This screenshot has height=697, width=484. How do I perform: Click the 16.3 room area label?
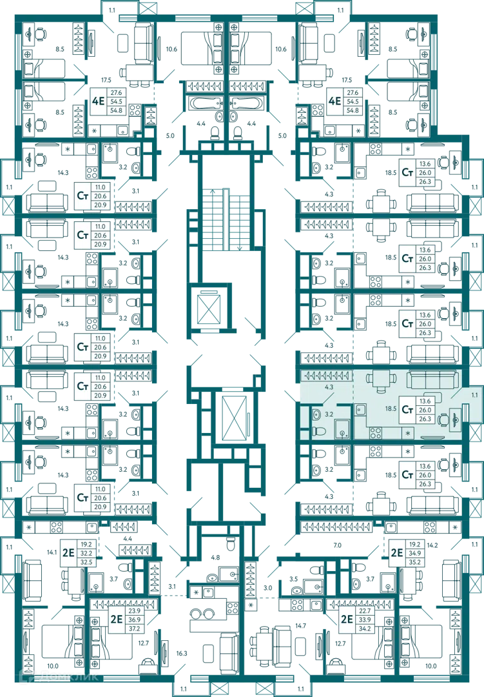[182, 653]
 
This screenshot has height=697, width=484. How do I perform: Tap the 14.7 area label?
[300, 626]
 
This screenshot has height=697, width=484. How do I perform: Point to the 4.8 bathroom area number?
[215, 558]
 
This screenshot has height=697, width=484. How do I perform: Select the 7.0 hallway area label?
[338, 545]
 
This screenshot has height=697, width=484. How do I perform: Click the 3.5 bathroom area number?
[293, 579]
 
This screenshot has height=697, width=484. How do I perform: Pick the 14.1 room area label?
[52, 552]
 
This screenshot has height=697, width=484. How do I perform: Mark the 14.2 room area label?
[432, 545]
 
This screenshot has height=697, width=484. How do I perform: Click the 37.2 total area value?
[134, 629]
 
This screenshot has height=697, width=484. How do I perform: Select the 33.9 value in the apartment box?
[365, 620]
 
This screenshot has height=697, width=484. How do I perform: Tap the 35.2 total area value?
[415, 562]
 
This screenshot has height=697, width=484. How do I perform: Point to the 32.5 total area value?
[86, 562]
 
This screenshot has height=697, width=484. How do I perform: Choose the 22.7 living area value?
[365, 611]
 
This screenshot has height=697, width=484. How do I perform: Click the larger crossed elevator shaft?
[233, 416]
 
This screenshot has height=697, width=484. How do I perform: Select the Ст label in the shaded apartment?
[407, 409]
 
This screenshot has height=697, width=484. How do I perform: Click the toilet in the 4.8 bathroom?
[229, 544]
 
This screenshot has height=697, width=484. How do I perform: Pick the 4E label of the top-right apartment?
[334, 101]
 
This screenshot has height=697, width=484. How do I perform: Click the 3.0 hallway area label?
[267, 588]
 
